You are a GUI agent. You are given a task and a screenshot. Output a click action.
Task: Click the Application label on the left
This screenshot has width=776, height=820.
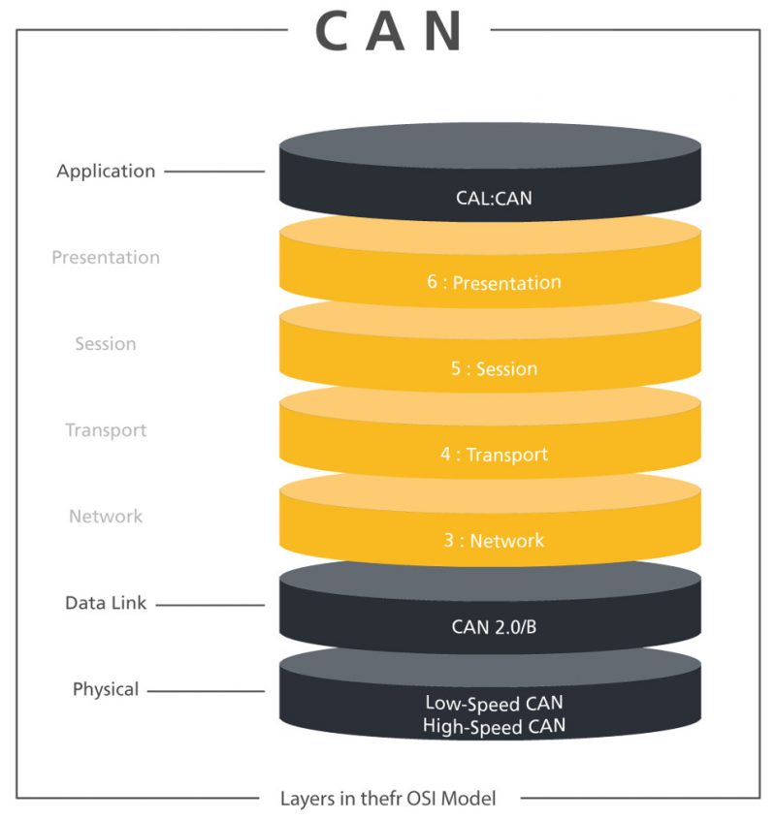click(x=106, y=172)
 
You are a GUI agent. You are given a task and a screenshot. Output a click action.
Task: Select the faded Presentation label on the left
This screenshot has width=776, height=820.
click(x=106, y=258)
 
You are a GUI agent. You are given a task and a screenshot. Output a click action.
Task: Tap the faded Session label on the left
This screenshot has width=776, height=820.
click(x=106, y=344)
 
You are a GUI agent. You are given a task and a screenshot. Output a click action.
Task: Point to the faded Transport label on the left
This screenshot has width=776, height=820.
click(x=106, y=429)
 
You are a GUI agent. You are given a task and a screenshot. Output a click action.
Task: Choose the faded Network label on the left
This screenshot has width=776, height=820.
click(x=106, y=517)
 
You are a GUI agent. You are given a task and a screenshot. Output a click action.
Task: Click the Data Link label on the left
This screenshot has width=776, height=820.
click(x=106, y=603)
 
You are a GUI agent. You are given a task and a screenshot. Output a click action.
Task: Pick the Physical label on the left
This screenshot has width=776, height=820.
click(x=106, y=690)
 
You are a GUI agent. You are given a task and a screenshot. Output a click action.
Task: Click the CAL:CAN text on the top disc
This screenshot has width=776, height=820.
click(x=494, y=198)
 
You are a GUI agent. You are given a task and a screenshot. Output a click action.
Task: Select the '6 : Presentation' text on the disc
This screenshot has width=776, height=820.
click(x=494, y=283)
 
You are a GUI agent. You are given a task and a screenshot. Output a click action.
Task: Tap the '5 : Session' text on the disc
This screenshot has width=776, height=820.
click(x=494, y=369)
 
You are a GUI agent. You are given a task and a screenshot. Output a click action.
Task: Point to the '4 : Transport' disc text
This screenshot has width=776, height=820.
click(x=494, y=455)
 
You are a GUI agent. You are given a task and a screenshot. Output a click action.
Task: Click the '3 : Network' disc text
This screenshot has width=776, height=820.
click(x=494, y=541)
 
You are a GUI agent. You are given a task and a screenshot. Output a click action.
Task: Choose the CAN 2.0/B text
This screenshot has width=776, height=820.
click(x=494, y=627)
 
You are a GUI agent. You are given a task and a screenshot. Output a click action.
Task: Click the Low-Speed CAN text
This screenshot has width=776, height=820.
click(x=494, y=703)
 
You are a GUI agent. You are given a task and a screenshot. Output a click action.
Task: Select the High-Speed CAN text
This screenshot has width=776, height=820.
click(x=494, y=725)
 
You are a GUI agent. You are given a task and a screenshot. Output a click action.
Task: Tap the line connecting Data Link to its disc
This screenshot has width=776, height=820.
click(x=210, y=604)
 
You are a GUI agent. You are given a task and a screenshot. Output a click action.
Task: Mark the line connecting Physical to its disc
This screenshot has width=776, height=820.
click(x=206, y=691)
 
